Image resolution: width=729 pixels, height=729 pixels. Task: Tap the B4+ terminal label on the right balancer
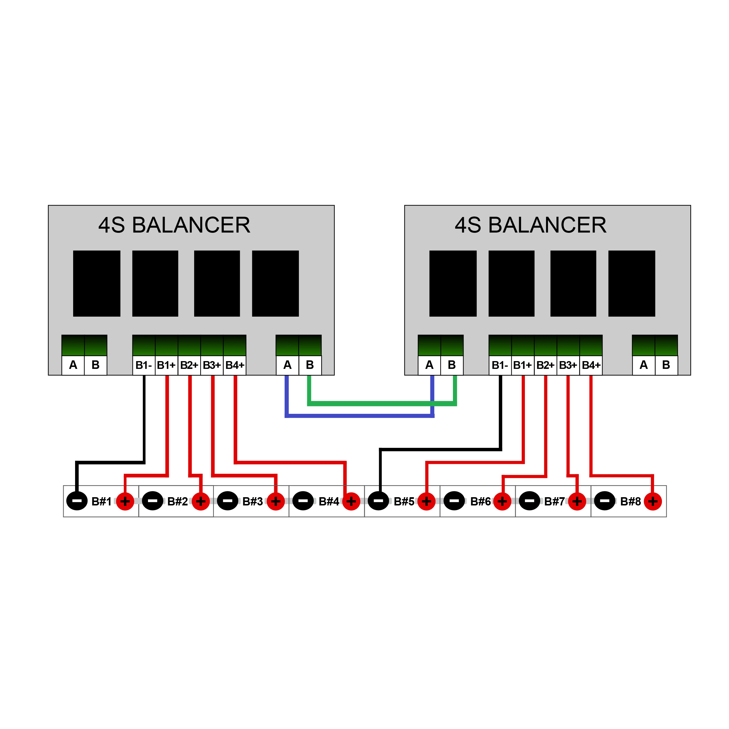[x=591, y=365]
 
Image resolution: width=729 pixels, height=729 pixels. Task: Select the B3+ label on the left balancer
[x=212, y=365]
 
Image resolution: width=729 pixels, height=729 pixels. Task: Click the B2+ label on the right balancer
[x=545, y=365]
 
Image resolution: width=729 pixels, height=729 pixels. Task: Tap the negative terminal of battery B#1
[x=77, y=501]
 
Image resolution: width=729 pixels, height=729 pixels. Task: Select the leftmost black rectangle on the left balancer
[x=97, y=283]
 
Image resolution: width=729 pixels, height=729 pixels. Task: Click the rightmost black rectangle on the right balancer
[x=632, y=283]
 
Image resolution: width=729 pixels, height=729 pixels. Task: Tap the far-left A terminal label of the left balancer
[x=73, y=365]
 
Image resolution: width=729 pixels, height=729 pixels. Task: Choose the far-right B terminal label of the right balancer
[x=666, y=365]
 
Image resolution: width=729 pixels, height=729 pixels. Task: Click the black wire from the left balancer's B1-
[x=144, y=419]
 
